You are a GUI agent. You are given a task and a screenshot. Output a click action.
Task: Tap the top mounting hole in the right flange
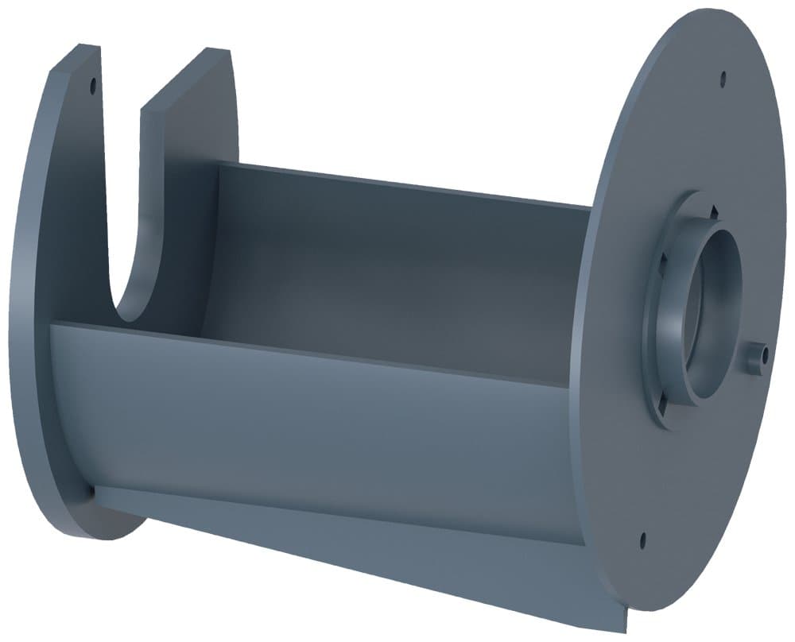click(x=723, y=78)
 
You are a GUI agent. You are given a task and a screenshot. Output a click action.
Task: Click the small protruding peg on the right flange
click(x=756, y=355)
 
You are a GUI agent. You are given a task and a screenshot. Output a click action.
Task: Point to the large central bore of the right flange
click(x=712, y=310)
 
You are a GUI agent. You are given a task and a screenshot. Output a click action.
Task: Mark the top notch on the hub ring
click(x=713, y=210)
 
